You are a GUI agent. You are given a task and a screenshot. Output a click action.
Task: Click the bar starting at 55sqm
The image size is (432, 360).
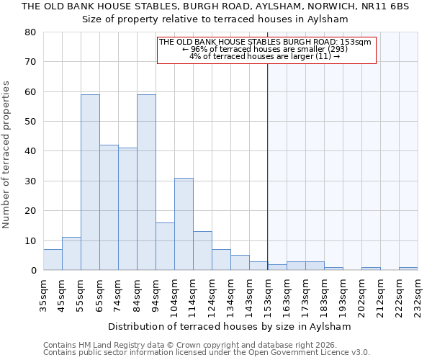tap(90, 182)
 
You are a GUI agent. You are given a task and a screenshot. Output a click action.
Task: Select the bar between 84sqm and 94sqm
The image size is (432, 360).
tap(146, 182)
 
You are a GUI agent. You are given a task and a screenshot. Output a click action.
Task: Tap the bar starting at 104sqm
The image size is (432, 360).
tap(184, 224)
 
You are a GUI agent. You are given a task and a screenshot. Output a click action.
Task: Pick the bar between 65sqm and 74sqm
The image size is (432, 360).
tap(109, 207)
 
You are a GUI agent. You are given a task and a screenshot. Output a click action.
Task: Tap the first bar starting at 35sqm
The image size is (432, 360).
tap(53, 260)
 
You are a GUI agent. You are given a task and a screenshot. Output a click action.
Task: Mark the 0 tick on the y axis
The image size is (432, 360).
tap(33, 271)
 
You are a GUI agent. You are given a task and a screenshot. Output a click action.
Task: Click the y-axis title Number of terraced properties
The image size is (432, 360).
tap(7, 154)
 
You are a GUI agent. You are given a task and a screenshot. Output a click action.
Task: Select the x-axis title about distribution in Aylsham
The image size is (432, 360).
tap(230, 326)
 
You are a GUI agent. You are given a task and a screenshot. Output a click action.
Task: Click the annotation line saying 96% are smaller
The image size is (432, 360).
tap(266, 49)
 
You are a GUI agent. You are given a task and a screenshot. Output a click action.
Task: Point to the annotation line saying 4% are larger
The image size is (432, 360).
tap(265, 56)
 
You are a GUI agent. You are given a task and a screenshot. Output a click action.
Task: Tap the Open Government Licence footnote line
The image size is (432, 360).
tap(206, 352)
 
